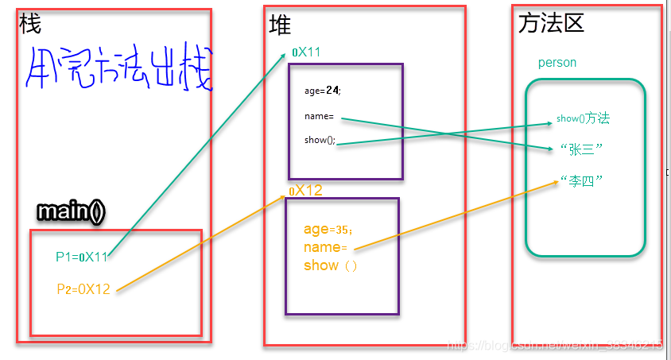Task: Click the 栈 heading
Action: tap(29, 24)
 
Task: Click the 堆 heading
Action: tap(280, 26)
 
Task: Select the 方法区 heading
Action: tap(551, 23)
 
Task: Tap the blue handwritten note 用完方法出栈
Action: tap(118, 70)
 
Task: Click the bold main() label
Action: tap(71, 211)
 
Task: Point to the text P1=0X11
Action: tap(82, 257)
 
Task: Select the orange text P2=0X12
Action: tap(83, 289)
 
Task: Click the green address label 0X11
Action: tap(306, 52)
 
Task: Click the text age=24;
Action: tap(322, 90)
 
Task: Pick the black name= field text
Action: tap(319, 117)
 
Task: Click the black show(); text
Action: tap(320, 140)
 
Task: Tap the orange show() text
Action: tap(330, 265)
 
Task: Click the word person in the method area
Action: tap(557, 63)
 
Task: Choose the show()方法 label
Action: tap(583, 118)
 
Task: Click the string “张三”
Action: tap(581, 149)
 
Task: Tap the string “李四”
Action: tap(581, 180)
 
